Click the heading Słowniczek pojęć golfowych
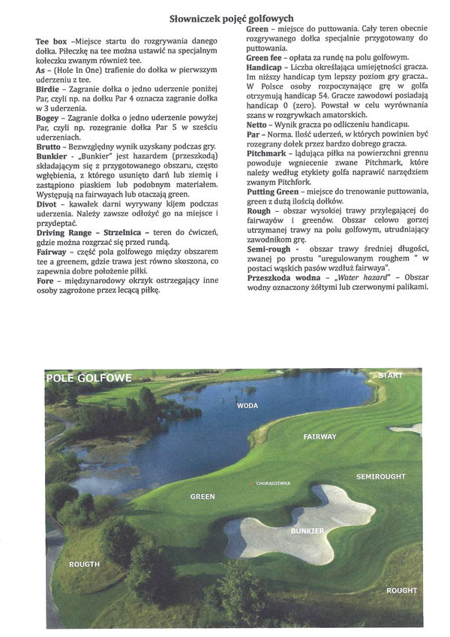tap(231, 18)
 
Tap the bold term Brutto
tap(49, 148)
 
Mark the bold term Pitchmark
tap(270, 152)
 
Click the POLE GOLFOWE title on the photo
tap(88, 377)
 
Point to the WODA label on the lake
tap(247, 406)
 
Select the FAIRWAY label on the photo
tap(319, 436)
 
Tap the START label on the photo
tap(390, 375)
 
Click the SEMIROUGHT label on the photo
tap(380, 476)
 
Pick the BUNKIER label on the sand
tap(307, 530)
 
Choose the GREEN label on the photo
tap(202, 497)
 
